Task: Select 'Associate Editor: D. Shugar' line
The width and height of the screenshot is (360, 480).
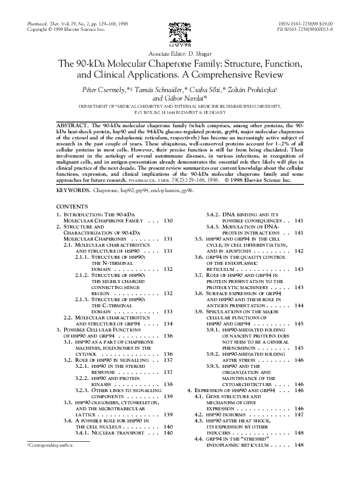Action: (179, 54)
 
